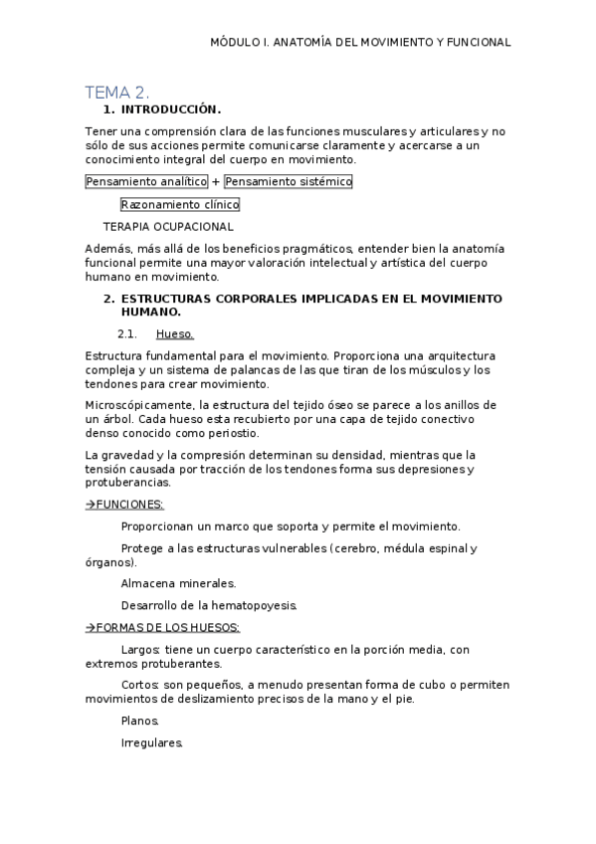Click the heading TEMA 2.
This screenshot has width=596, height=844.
116,93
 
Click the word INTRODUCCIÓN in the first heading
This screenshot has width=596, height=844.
170,109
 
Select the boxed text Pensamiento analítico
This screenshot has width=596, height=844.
146,182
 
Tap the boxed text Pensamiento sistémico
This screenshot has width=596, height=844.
288,182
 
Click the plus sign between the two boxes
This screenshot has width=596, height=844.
216,182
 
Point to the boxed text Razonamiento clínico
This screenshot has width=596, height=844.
180,205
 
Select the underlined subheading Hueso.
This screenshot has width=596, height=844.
174,333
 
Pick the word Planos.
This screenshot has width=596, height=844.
139,721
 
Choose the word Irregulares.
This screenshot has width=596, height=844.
151,742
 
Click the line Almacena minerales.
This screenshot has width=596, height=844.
178,583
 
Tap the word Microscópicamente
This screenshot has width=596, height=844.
140,405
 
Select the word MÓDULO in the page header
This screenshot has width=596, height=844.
234,43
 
